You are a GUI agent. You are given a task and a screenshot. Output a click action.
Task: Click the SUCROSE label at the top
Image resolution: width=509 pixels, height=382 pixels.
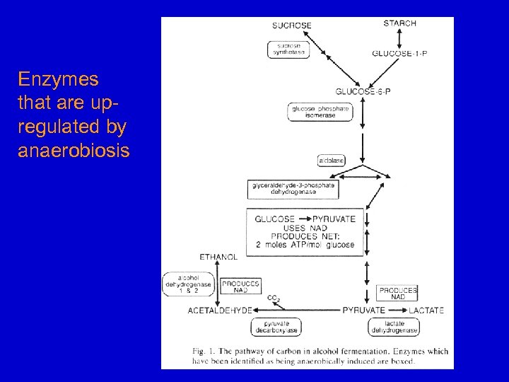click(291, 25)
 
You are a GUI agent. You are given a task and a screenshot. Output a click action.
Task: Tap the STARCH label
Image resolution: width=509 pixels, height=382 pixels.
click(399, 23)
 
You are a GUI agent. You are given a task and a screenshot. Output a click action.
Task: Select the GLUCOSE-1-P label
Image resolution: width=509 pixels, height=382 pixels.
click(399, 54)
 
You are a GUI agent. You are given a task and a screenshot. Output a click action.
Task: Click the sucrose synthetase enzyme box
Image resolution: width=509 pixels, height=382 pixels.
click(287, 49)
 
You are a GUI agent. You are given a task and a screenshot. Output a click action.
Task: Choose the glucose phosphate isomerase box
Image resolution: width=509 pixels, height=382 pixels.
click(320, 112)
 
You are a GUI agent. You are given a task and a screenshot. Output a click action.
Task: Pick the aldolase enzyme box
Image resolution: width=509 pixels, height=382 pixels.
click(332, 161)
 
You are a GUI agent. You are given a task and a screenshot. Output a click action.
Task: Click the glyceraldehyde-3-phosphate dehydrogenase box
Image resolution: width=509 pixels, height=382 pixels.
click(292, 189)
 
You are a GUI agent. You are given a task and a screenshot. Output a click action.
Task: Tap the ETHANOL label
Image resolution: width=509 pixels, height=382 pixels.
click(218, 257)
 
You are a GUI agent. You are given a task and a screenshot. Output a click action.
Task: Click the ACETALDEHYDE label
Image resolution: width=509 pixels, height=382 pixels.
click(220, 310)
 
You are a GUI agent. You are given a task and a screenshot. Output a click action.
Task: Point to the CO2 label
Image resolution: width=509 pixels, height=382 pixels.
click(274, 299)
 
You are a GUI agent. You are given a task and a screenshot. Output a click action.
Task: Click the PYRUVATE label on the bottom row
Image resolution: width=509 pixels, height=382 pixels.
click(363, 310)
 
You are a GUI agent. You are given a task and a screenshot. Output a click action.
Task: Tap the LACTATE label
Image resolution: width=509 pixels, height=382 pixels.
click(426, 310)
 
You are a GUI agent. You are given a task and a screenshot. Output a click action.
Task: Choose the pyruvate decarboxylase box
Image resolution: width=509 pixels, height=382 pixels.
click(276, 327)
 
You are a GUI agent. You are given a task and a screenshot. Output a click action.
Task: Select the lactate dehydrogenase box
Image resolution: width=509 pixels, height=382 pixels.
click(394, 327)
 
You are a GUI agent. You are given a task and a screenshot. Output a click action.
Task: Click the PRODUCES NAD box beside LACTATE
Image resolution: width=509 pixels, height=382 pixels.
click(398, 293)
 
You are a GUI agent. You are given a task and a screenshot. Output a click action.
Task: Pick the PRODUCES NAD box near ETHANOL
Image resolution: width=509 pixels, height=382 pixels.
click(241, 286)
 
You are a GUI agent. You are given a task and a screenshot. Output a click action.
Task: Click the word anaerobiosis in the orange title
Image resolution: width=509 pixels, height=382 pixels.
click(74, 151)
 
